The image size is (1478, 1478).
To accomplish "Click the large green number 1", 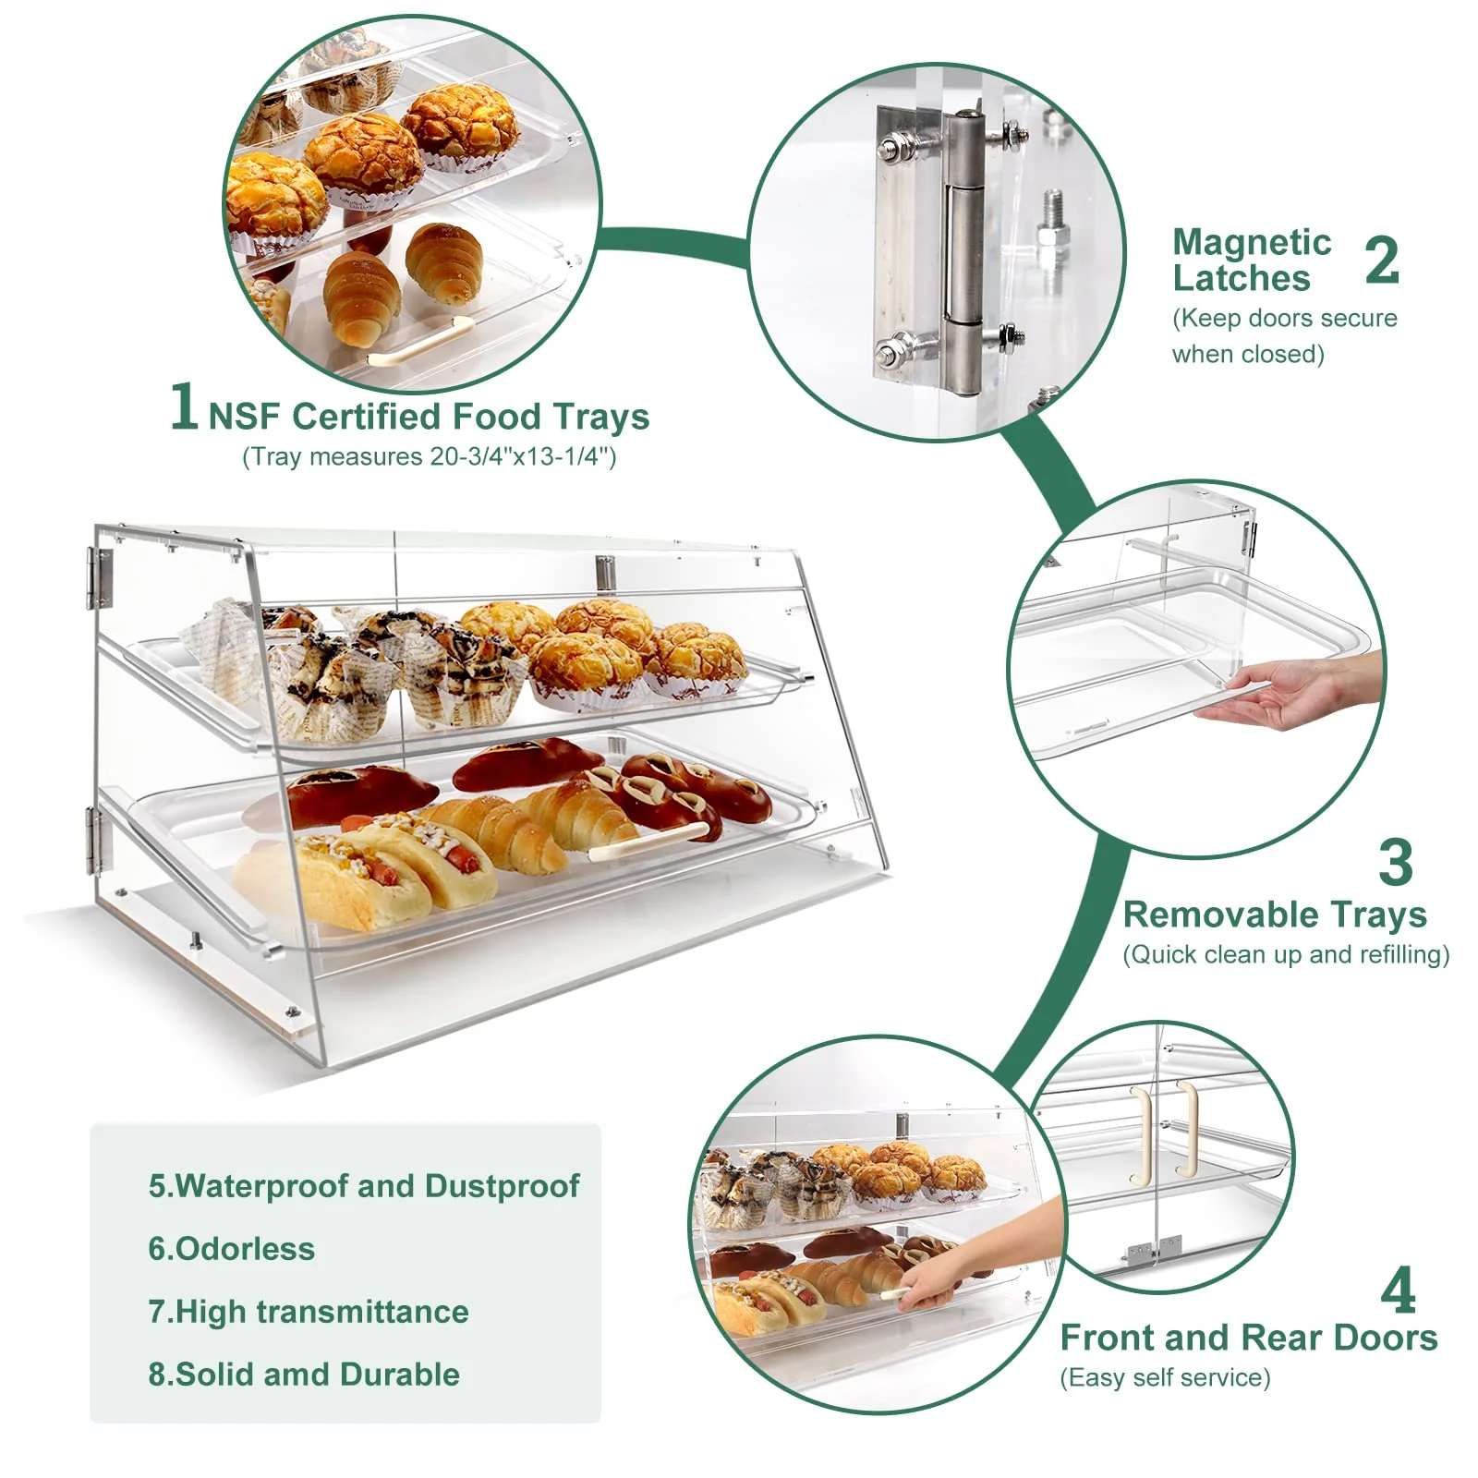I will pyautogui.click(x=184, y=406).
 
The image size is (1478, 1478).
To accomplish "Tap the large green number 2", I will pyautogui.click(x=1382, y=261).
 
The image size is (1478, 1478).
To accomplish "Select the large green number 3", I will pyautogui.click(x=1395, y=863).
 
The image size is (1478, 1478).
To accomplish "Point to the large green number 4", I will pyautogui.click(x=1398, y=1290).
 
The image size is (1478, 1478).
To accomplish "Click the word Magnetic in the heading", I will pyautogui.click(x=1252, y=243).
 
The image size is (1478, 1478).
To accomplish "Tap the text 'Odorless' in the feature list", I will pyautogui.click(x=245, y=1249).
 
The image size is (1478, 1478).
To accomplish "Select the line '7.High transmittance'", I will pyautogui.click(x=309, y=1312).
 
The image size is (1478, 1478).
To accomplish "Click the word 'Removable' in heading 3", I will pyautogui.click(x=1200, y=915).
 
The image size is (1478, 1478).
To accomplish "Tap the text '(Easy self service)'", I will pyautogui.click(x=1165, y=1378).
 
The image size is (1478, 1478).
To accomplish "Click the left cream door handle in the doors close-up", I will pyautogui.click(x=1143, y=1136).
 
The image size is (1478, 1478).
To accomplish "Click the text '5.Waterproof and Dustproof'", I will pyautogui.click(x=364, y=1186).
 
